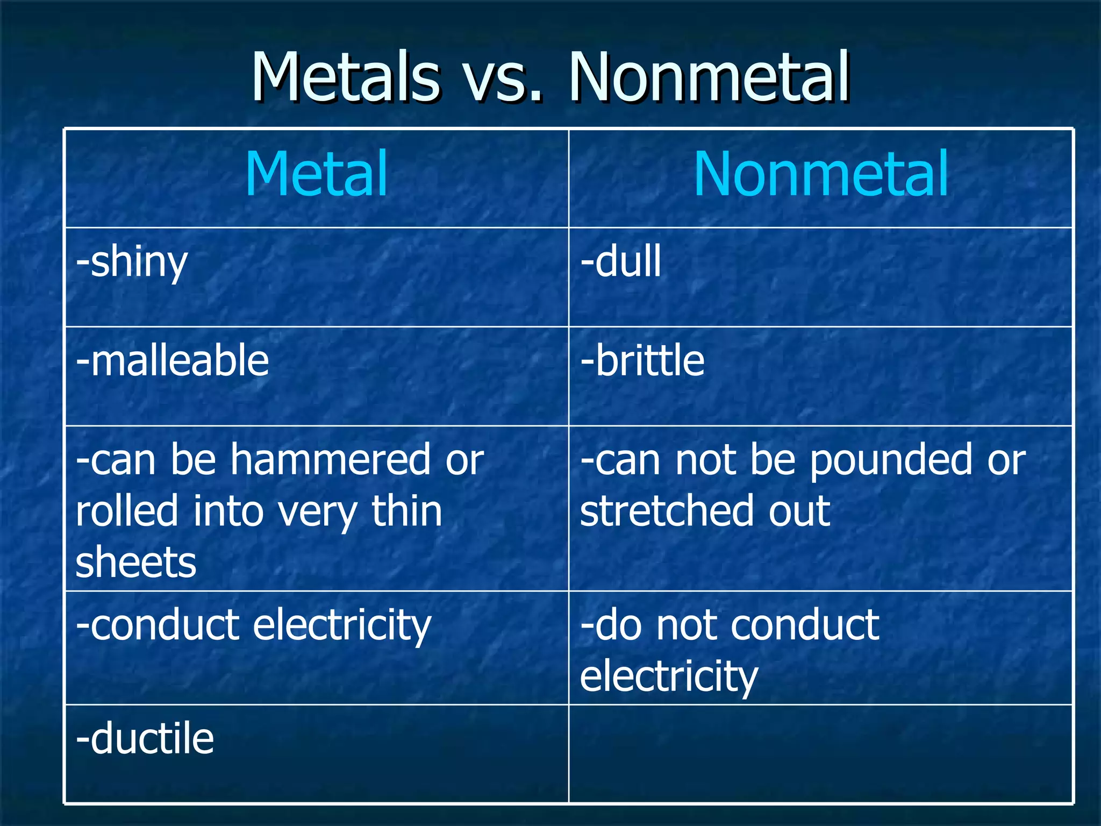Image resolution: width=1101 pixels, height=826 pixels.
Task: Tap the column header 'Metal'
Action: [x=316, y=174]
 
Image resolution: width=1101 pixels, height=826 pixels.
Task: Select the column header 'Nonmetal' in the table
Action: [x=821, y=174]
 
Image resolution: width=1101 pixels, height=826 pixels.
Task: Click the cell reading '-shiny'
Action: [x=132, y=262]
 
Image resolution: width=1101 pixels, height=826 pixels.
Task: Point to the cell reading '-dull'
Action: [x=621, y=262]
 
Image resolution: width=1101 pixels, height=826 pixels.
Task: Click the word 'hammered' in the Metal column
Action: [x=331, y=460]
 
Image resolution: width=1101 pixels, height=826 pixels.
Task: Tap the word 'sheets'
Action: [x=136, y=562]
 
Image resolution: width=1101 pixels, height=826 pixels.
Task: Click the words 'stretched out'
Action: [x=705, y=511]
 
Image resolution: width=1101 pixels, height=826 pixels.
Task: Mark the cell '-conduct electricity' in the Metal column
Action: [x=253, y=626]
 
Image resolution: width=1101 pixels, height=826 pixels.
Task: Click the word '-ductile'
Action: [x=145, y=739]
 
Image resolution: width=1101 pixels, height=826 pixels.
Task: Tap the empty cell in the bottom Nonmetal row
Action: [x=820, y=754]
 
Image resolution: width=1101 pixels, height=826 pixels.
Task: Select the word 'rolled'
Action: [x=127, y=511]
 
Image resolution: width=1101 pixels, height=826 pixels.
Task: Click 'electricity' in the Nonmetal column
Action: [x=669, y=677]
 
